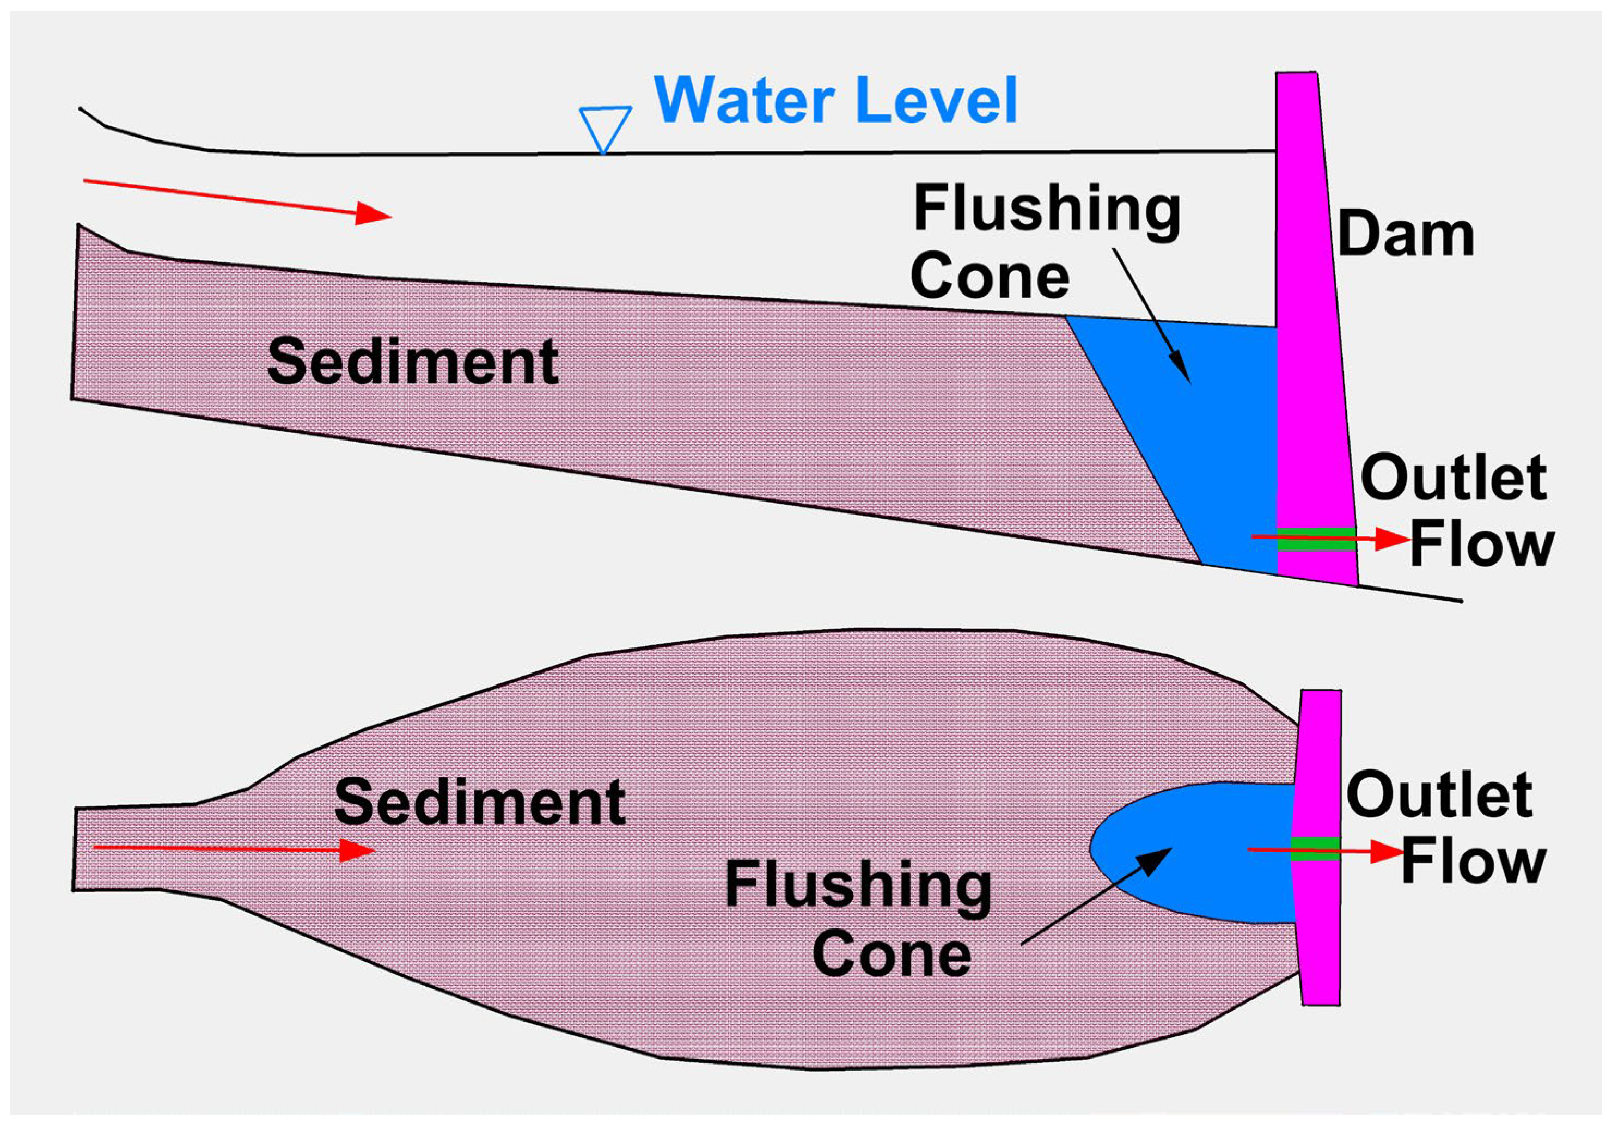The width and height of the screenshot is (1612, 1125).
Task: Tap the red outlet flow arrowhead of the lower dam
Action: [x=1387, y=852]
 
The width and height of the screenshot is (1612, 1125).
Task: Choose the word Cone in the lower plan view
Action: [x=892, y=955]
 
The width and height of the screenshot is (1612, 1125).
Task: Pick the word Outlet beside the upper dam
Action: [x=1454, y=477]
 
